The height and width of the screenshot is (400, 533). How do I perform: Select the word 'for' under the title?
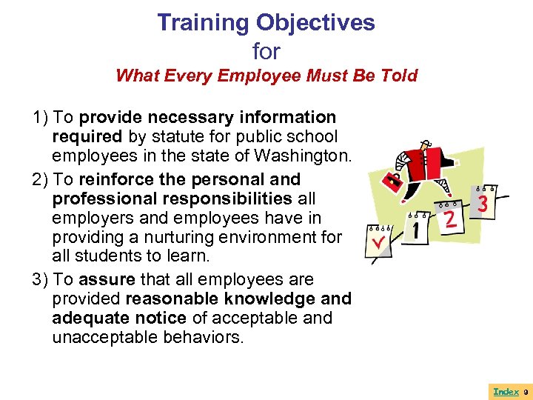pyautogui.click(x=266, y=52)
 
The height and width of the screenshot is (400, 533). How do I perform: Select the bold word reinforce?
pyautogui.click(x=113, y=180)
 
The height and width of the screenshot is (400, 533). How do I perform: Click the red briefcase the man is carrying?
pyautogui.click(x=394, y=180)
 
